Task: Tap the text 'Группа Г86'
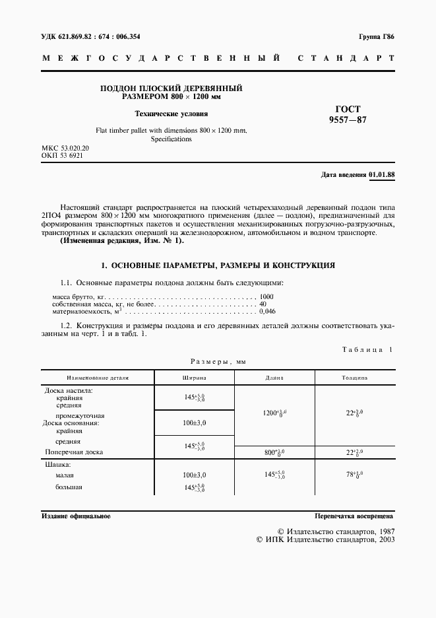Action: coord(377,37)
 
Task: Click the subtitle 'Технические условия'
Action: coord(171,113)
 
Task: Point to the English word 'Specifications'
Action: coord(171,139)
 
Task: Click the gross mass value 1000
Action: coord(266,297)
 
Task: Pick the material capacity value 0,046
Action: coord(268,311)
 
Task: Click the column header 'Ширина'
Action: coord(194,378)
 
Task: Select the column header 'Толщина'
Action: coord(354,378)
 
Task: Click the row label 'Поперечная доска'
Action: coord(74,453)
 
